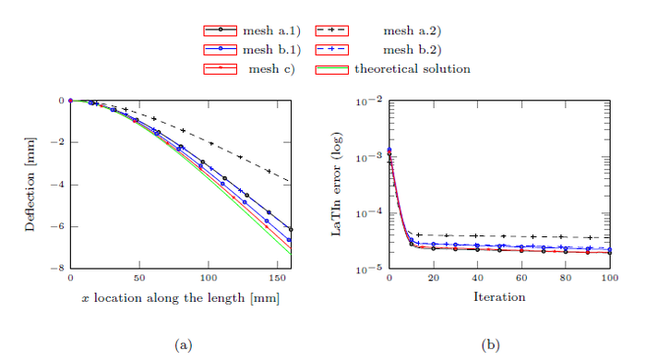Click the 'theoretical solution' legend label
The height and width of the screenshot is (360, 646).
tap(413, 68)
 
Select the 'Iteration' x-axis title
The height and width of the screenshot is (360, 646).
tap(499, 297)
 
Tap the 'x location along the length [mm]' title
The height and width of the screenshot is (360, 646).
tap(180, 297)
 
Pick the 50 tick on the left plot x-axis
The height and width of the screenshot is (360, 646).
tap(139, 279)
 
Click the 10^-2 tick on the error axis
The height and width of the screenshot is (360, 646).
tap(369, 100)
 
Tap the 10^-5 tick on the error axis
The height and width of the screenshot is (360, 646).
tap(369, 269)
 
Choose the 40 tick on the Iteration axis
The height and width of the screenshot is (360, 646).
tap(477, 279)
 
